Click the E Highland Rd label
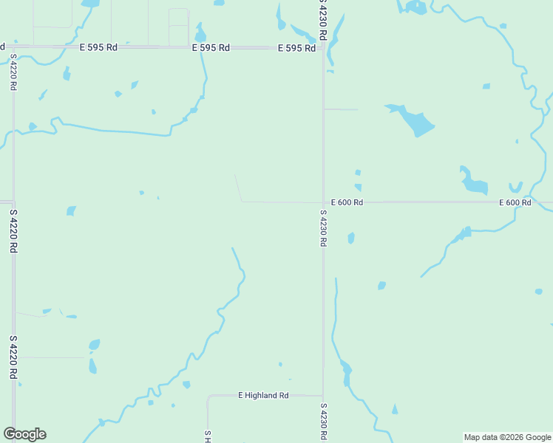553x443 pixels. coord(263,396)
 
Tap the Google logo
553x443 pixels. coord(24,434)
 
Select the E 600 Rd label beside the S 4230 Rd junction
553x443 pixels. coord(347,202)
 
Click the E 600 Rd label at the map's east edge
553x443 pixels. coord(515,202)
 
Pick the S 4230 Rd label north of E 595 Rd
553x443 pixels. coord(323,13)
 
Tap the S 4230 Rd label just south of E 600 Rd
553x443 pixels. coord(323,228)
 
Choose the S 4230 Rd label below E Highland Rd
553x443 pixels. coord(323,422)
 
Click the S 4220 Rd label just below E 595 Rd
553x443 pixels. coord(13,72)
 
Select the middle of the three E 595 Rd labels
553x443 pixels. coord(211,47)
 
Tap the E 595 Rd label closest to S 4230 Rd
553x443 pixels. coord(296,48)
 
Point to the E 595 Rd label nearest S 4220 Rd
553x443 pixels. coord(98,47)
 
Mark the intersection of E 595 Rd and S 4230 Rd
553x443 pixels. coord(323,48)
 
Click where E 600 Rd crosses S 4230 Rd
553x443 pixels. coord(323,202)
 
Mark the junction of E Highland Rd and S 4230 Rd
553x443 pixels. coord(323,396)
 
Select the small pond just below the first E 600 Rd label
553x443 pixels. coord(351,238)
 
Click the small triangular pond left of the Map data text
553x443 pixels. coord(395,409)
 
